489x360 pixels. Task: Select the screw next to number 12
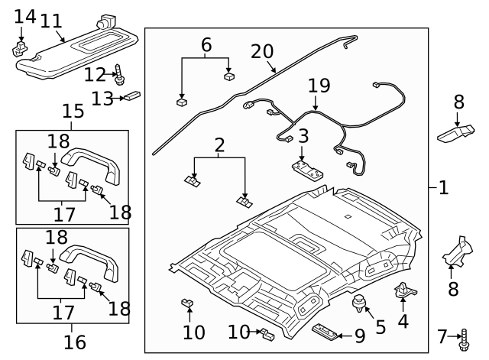pyautogui.click(x=120, y=74)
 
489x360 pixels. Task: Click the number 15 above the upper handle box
pyautogui.click(x=73, y=112)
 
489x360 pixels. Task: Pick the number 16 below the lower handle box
pyautogui.click(x=74, y=342)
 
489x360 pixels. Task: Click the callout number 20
pyautogui.click(x=262, y=52)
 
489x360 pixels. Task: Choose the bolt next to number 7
pyautogui.click(x=464, y=336)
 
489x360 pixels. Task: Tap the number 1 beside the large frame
pyautogui.click(x=443, y=187)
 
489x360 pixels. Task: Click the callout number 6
pyautogui.click(x=206, y=46)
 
